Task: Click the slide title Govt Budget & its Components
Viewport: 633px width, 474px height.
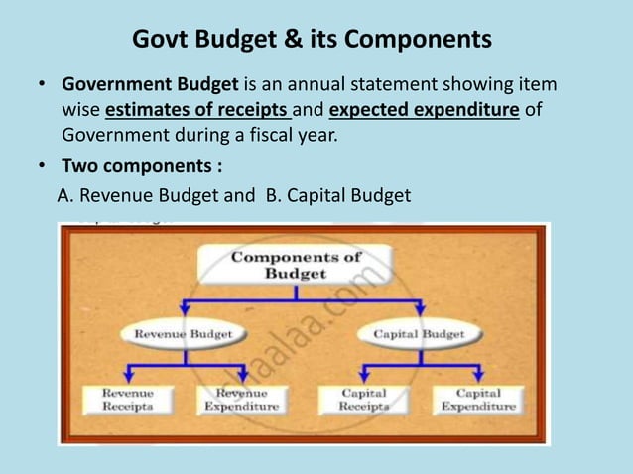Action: (x=312, y=40)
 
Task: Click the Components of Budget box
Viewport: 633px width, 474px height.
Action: (x=296, y=265)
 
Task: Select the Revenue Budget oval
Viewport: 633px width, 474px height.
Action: (x=183, y=335)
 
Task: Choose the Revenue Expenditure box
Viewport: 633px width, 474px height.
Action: (x=241, y=400)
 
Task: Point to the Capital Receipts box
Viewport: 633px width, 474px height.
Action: (x=364, y=400)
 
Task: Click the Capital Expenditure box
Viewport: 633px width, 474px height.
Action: (x=478, y=400)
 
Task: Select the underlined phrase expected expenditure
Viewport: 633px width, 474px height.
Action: (x=424, y=109)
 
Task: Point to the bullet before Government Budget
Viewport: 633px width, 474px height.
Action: (x=40, y=86)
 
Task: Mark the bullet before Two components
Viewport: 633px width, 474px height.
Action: (x=40, y=165)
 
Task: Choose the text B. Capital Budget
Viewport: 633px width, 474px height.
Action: (x=337, y=195)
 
